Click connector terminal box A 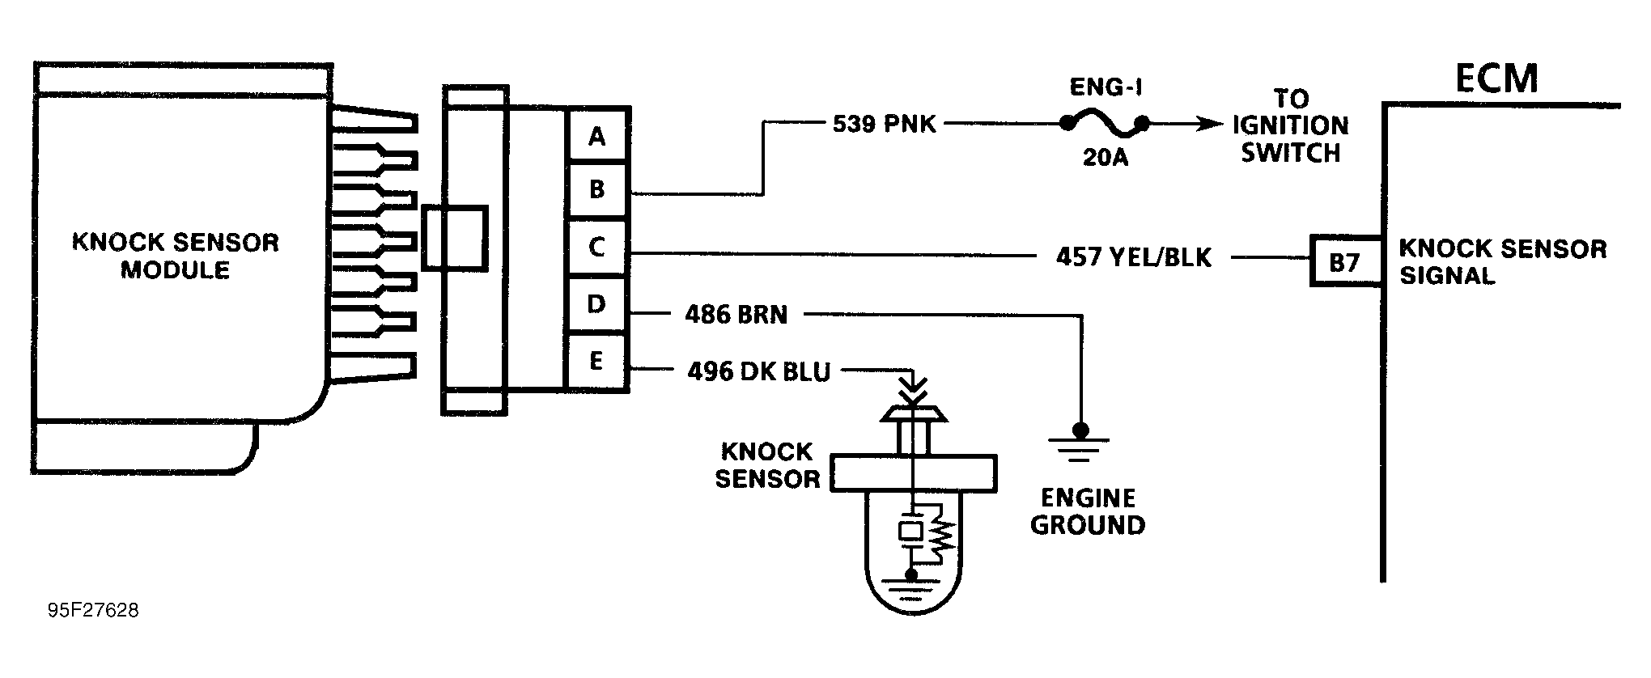pos(596,136)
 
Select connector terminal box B pos(596,190)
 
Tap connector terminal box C pos(596,247)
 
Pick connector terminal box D pos(596,304)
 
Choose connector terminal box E pos(596,361)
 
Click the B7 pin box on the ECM pos(1344,261)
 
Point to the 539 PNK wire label pos(884,124)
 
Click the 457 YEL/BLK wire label pos(1133,257)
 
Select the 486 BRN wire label pos(736,315)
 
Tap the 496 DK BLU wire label pos(758,371)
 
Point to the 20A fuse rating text pos(1105,157)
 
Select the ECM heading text pos(1496,79)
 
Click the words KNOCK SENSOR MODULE pos(176,256)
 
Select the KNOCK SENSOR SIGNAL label pos(1502,261)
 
